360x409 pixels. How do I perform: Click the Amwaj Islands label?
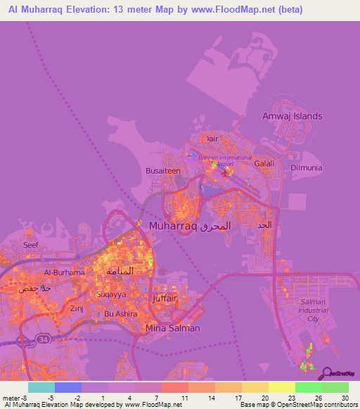click(x=292, y=116)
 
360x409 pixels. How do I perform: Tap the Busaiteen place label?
click(x=163, y=171)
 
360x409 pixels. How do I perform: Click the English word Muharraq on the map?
click(x=173, y=226)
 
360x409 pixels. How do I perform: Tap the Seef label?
click(x=31, y=245)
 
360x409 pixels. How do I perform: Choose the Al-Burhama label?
click(x=64, y=272)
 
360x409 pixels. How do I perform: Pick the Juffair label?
click(x=169, y=298)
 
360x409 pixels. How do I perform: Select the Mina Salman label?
click(x=172, y=328)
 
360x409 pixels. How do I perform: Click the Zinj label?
click(x=77, y=308)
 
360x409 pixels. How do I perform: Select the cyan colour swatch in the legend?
click(x=41, y=387)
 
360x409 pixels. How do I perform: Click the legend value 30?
click(x=344, y=397)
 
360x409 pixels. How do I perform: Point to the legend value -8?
click(x=29, y=397)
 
